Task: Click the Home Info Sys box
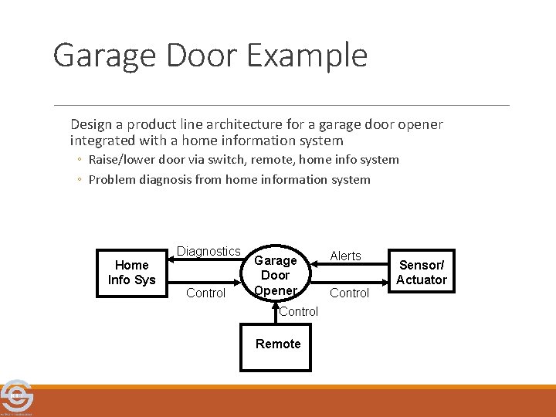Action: pyautogui.click(x=132, y=273)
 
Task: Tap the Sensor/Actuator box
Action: pyautogui.click(x=422, y=272)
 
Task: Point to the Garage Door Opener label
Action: pyautogui.click(x=275, y=276)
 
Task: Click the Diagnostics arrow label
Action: pyautogui.click(x=208, y=252)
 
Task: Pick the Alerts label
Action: pyautogui.click(x=345, y=256)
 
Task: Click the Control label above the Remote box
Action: pyautogui.click(x=298, y=312)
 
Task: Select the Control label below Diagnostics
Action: pyautogui.click(x=206, y=293)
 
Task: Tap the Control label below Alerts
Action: pyautogui.click(x=350, y=293)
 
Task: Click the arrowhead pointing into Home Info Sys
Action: pyautogui.click(x=172, y=263)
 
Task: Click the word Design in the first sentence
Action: pyautogui.click(x=91, y=124)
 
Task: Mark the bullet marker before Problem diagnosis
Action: pyautogui.click(x=80, y=180)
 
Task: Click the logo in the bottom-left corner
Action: pyautogui.click(x=15, y=397)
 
